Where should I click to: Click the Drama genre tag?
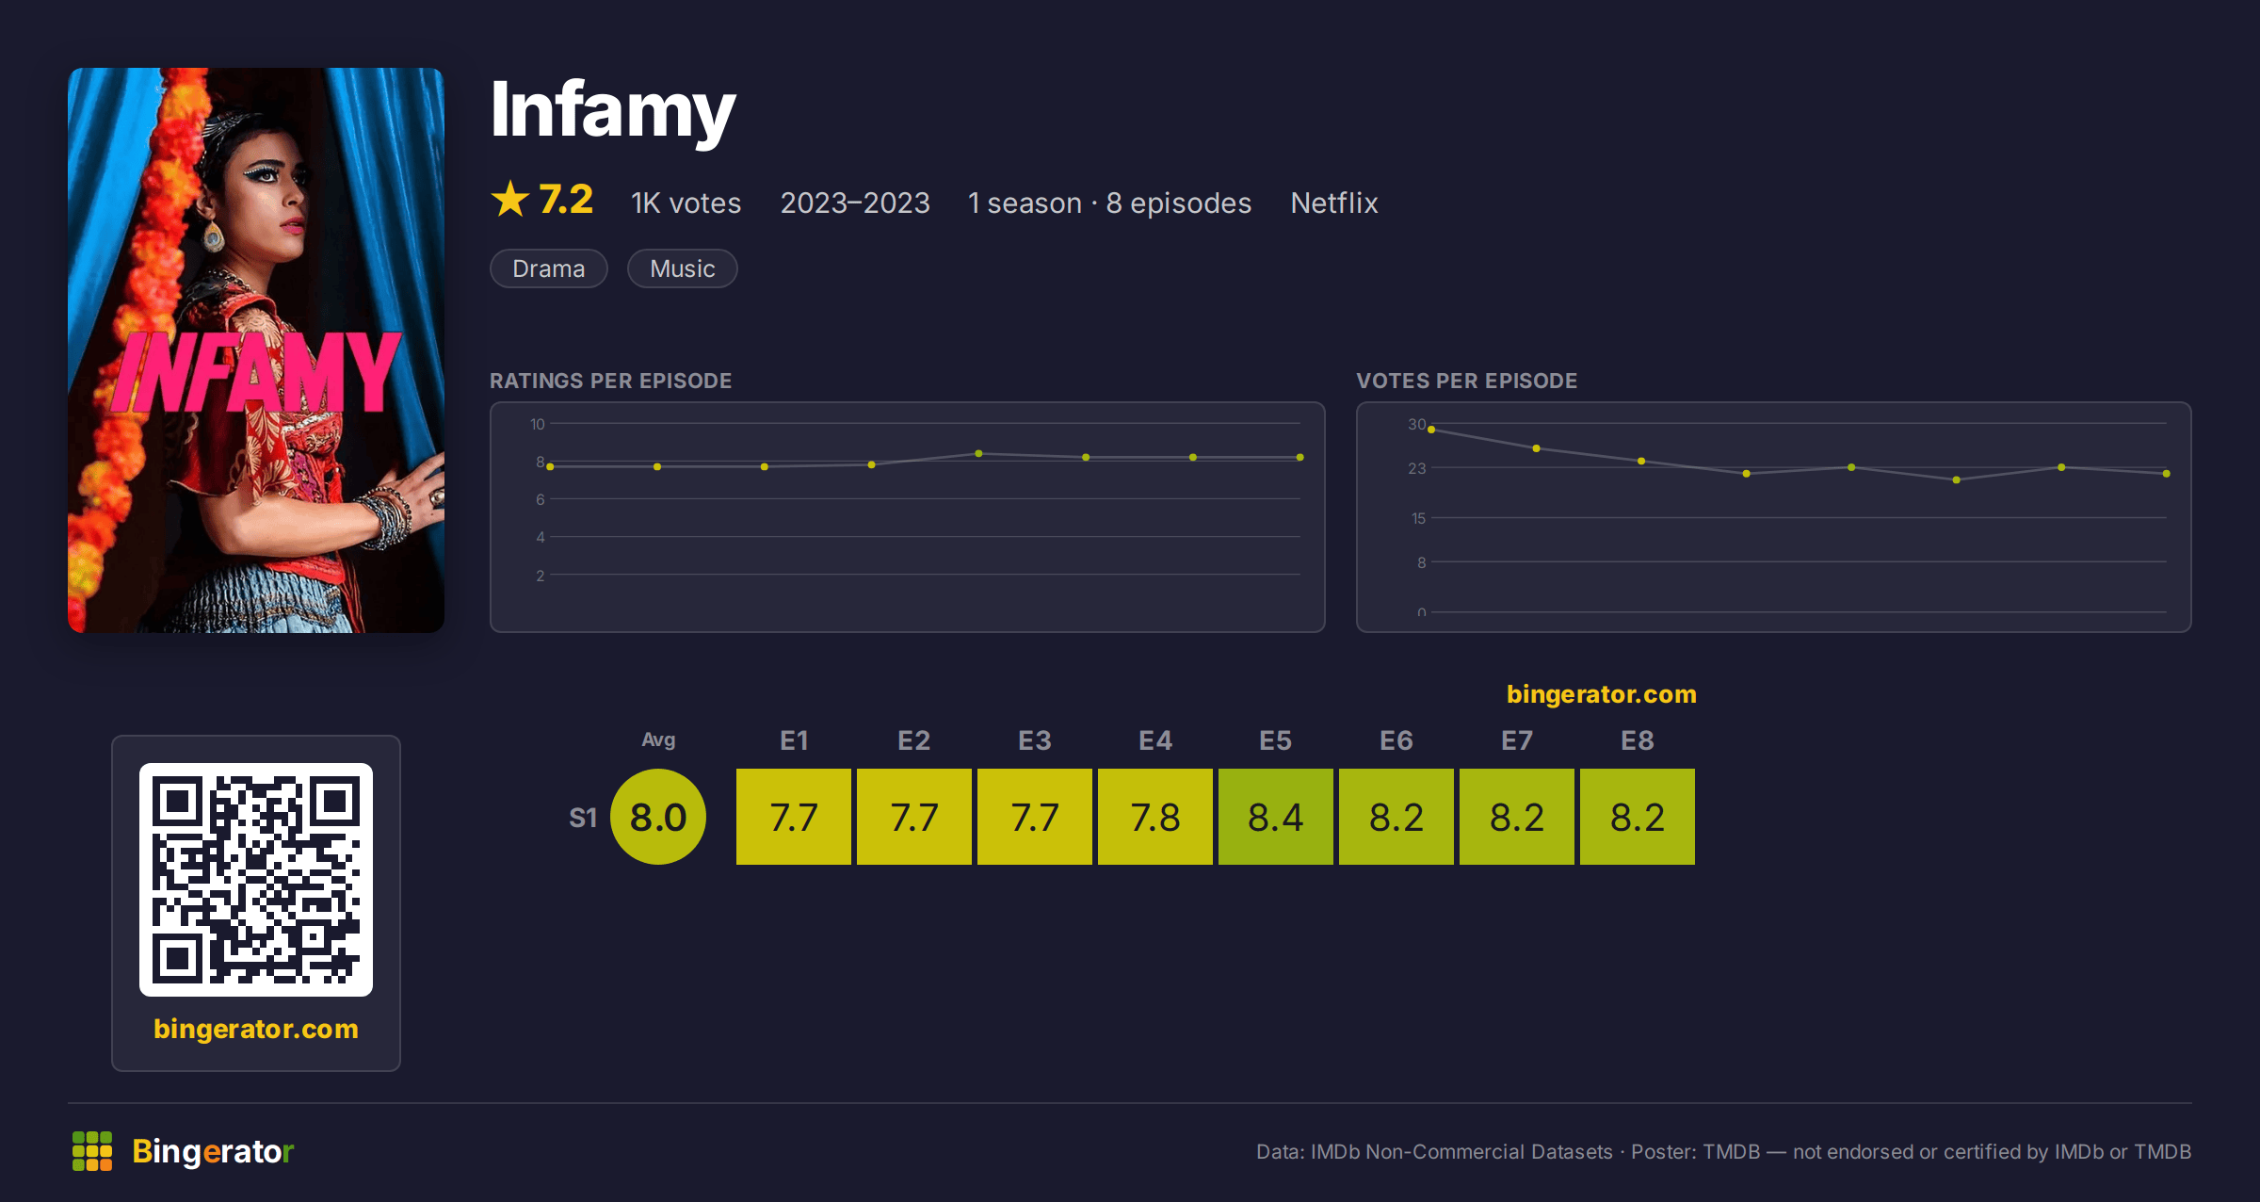549,268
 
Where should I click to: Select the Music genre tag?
683,268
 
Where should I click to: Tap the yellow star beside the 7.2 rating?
510,199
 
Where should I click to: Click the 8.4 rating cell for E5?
1276,817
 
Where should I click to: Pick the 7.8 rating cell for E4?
1155,817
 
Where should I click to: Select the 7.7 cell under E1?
794,817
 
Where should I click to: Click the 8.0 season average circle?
658,817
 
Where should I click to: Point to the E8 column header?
1638,740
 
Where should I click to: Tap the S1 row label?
583,818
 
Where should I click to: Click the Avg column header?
658,739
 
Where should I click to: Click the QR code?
256,880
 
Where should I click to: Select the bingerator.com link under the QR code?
256,1029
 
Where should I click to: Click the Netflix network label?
1334,203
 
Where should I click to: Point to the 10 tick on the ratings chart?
538,424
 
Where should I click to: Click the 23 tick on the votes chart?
1417,468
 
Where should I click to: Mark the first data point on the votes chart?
1431,430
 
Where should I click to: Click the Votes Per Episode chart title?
1466,381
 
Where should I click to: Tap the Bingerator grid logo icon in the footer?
92,1151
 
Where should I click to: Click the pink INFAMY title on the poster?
256,372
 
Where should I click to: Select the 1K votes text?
686,203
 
